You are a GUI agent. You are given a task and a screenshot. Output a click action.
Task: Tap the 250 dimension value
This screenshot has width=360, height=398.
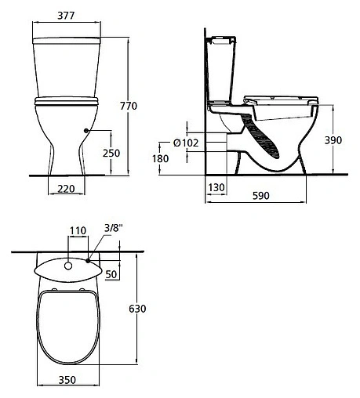(111, 154)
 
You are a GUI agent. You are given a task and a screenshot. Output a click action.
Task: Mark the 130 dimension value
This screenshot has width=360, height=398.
(217, 188)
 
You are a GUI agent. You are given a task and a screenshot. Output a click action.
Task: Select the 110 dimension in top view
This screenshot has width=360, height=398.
(78, 230)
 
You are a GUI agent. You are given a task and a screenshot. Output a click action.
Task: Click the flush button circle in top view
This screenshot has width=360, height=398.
(68, 266)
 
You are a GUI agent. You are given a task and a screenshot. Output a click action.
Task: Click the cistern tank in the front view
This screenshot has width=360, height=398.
(65, 67)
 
